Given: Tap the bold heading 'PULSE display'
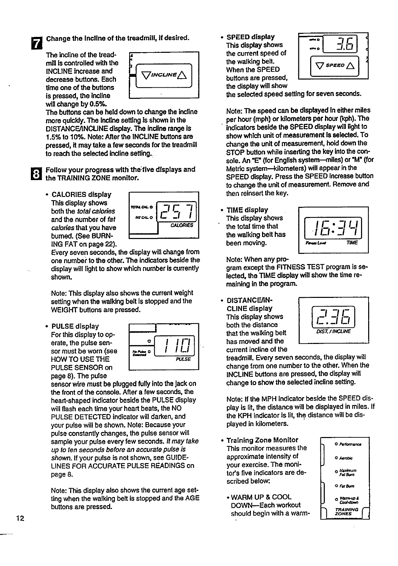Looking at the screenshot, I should click(x=75, y=326).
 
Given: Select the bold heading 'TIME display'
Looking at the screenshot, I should click(x=247, y=210).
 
